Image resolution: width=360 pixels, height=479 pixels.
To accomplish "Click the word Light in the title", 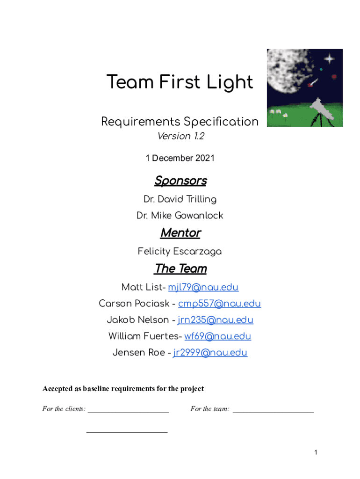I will [x=231, y=83].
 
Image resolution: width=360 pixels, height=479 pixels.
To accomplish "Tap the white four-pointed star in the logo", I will [x=330, y=58].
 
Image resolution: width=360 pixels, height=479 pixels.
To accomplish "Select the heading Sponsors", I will [x=180, y=181].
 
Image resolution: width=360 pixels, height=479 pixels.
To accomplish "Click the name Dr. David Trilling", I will [x=180, y=199].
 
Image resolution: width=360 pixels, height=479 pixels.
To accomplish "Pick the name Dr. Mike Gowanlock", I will [x=180, y=216].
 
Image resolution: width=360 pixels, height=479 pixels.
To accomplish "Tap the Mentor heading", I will [x=180, y=232].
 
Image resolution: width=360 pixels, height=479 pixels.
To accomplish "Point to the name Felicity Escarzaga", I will [x=180, y=252].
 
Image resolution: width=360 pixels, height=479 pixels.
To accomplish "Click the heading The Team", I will [x=180, y=269].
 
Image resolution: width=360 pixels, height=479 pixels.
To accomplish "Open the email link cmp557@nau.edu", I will [x=219, y=304].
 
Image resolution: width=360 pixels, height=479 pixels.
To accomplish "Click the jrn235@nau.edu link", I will [x=216, y=320].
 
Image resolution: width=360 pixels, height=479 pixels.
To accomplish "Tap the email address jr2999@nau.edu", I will [x=210, y=353].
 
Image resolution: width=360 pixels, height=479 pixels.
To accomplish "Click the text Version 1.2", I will [x=180, y=137].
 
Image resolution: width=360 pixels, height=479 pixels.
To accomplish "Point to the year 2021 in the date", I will [x=205, y=158].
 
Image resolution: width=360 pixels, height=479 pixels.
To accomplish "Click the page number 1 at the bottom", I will [x=316, y=452].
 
